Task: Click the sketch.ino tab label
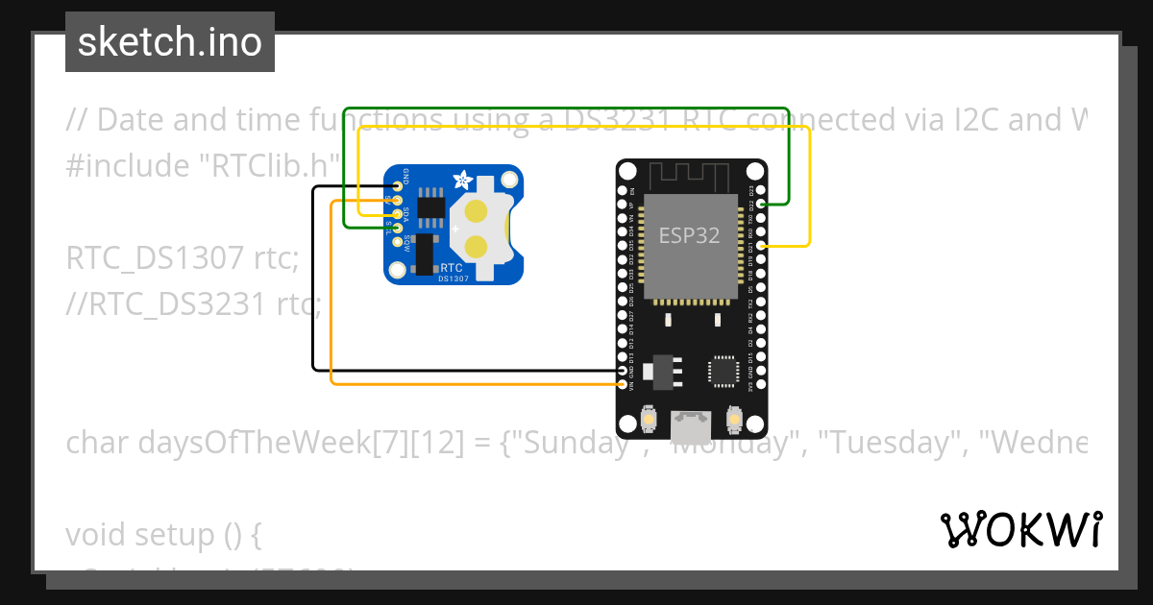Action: pos(170,42)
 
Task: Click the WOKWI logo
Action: pos(1020,529)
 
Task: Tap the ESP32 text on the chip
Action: pos(689,235)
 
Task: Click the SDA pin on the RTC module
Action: pos(396,214)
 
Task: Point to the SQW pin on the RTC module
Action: pos(396,240)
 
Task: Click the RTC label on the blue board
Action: pos(451,267)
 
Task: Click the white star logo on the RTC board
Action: pos(463,179)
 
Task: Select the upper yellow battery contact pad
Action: pos(477,209)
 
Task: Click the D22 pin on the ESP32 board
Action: pos(761,205)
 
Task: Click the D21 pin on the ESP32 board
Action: pos(761,247)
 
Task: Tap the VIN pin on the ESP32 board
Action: pos(624,384)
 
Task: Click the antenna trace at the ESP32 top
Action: pos(690,177)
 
